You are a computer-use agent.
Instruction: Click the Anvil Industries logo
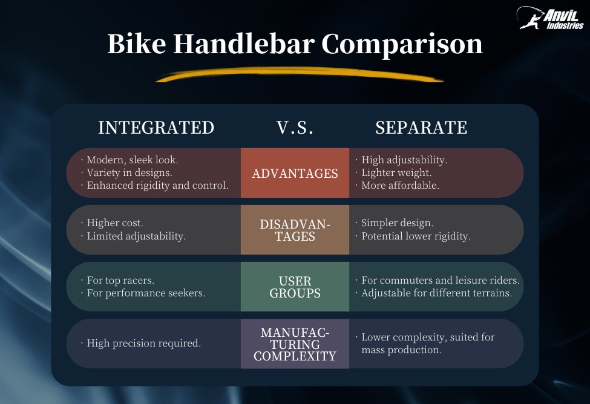click(550, 18)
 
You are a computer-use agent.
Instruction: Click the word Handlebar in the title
click(243, 44)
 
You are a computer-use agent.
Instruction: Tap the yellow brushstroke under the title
click(299, 74)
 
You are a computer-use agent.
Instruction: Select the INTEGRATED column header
click(156, 128)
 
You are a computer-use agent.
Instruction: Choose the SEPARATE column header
click(421, 128)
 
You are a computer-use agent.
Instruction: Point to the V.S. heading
click(295, 128)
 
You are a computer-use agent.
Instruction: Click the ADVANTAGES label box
click(295, 173)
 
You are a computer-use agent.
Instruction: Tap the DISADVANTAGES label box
click(295, 230)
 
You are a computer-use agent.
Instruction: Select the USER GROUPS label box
click(295, 287)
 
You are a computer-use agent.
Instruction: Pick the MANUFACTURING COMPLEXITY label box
click(295, 344)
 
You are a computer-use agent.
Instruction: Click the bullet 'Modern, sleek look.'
click(130, 160)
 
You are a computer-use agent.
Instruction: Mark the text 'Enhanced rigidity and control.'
click(155, 186)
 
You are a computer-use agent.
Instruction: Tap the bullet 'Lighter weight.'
click(393, 172)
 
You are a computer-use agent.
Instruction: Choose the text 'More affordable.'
click(398, 185)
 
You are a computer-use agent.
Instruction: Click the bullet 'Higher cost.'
click(112, 223)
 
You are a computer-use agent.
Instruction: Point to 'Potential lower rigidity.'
click(413, 236)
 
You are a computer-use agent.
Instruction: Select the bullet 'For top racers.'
click(117, 280)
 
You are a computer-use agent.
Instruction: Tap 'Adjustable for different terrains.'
click(434, 293)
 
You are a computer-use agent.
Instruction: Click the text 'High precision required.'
click(141, 343)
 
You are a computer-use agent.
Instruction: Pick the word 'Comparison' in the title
click(402, 45)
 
